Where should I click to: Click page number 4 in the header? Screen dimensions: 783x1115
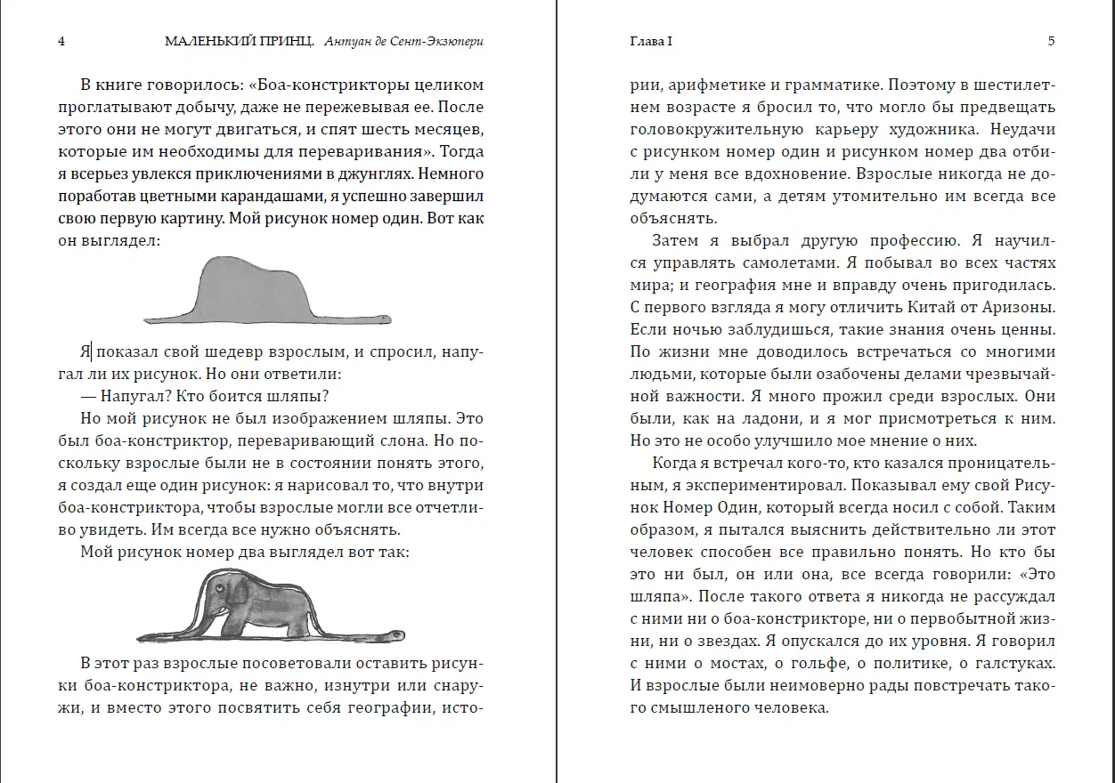[x=61, y=41]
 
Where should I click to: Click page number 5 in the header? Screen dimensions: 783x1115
[x=1051, y=41]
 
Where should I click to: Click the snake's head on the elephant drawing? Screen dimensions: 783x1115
[x=392, y=635]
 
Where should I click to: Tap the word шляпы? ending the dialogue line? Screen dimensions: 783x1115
[x=308, y=396]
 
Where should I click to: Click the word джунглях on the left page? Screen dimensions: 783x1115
[x=375, y=173]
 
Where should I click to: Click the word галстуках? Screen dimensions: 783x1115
[x=1010, y=664]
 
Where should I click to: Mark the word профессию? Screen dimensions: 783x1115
[x=908, y=241]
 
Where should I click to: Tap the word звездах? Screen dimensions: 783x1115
[x=722, y=642]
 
